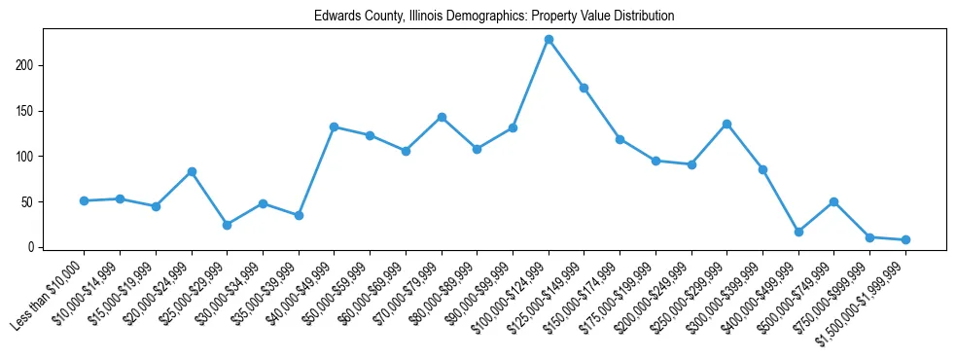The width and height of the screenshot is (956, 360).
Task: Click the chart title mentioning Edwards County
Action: (x=494, y=17)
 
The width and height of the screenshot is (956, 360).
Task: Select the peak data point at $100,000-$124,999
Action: (x=549, y=39)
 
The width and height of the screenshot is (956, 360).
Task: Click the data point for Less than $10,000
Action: (x=84, y=200)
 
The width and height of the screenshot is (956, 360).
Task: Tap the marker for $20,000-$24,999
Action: (x=192, y=171)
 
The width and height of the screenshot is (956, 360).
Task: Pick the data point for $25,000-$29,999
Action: (x=227, y=225)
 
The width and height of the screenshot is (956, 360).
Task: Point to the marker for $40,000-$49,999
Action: (x=334, y=126)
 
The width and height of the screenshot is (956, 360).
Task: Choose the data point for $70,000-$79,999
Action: (x=442, y=117)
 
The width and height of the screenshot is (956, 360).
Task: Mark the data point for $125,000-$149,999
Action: (x=584, y=88)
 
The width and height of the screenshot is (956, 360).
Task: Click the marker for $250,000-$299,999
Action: (x=726, y=124)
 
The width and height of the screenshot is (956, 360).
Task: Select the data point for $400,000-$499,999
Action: (x=798, y=232)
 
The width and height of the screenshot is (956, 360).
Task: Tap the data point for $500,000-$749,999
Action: (x=833, y=201)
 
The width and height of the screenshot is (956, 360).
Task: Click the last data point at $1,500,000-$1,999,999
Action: (x=905, y=239)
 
